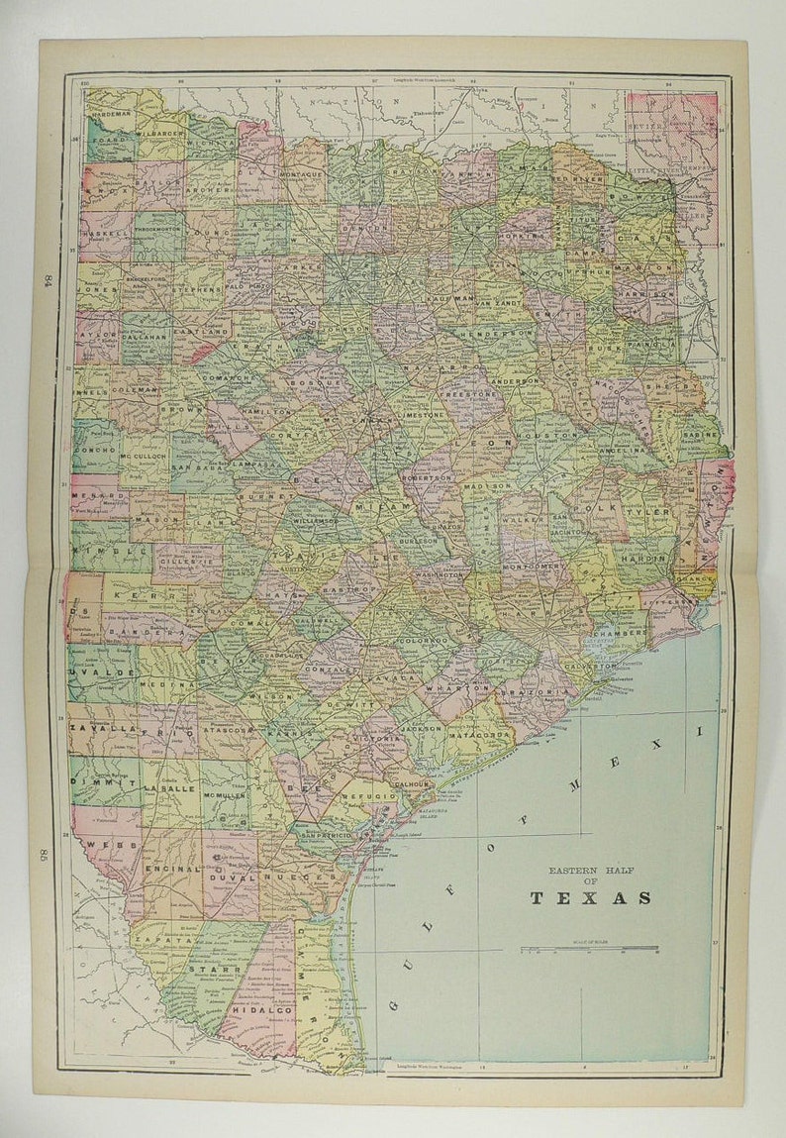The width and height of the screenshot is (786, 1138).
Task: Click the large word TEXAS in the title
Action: pyautogui.click(x=590, y=898)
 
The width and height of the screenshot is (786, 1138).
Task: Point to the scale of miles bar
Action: pyautogui.click(x=590, y=949)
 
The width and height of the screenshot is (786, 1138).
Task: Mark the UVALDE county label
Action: pyautogui.click(x=89, y=672)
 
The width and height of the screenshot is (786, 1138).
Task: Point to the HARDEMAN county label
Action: pyautogui.click(x=110, y=114)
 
